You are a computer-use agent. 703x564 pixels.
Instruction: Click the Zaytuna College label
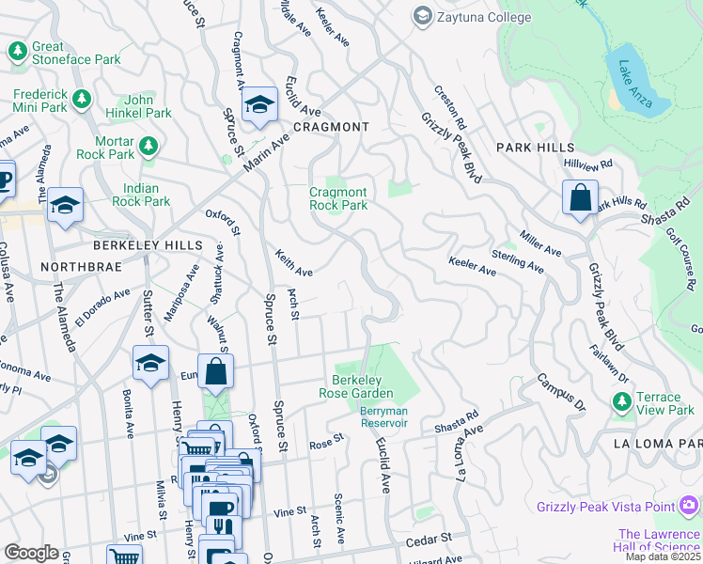pyautogui.click(x=481, y=16)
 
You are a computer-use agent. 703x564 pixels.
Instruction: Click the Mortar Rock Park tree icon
pyautogui.click(x=148, y=146)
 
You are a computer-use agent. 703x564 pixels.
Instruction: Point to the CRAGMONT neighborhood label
pyautogui.click(x=330, y=126)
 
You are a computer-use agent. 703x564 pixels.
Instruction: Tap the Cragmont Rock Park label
pyautogui.click(x=338, y=198)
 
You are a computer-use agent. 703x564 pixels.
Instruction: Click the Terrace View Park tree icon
pyautogui.click(x=621, y=402)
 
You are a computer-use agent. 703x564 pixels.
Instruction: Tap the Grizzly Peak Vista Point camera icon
pyautogui.click(x=690, y=507)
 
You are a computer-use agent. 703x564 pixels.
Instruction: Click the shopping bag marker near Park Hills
pyautogui.click(x=580, y=198)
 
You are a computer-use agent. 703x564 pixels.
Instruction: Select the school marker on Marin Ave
pyautogui.click(x=258, y=105)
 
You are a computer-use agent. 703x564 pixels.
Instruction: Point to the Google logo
pyautogui.click(x=31, y=553)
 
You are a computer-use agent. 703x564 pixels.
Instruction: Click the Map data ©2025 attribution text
pyautogui.click(x=664, y=556)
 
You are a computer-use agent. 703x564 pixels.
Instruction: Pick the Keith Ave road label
pyautogui.click(x=293, y=262)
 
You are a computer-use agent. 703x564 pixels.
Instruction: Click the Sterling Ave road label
pyautogui.click(x=517, y=261)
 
